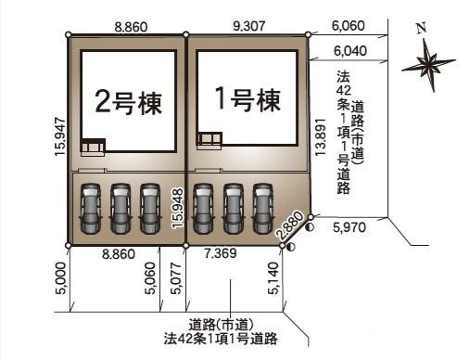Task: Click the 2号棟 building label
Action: click(x=128, y=103)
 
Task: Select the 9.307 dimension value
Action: click(x=246, y=29)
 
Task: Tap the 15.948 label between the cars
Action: click(x=176, y=208)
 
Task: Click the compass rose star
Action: click(x=428, y=64)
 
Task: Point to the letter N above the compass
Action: click(x=422, y=29)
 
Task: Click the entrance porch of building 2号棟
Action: click(x=94, y=146)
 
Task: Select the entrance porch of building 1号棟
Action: click(x=209, y=140)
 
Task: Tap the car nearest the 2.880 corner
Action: click(x=263, y=208)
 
